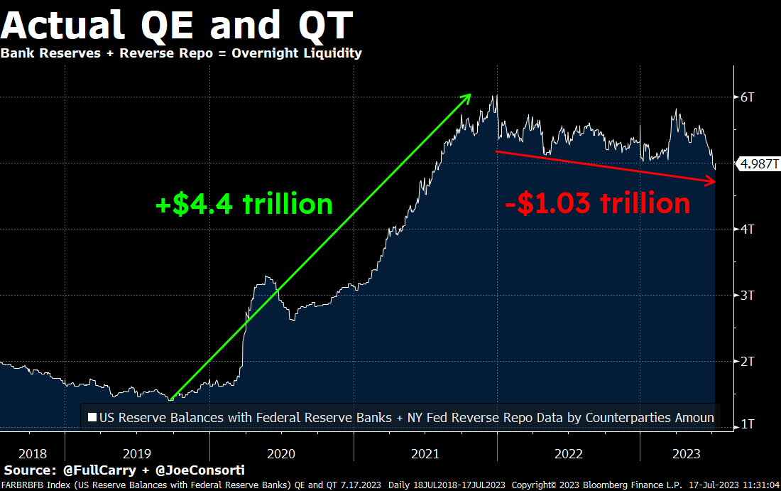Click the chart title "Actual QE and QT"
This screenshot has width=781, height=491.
(x=177, y=26)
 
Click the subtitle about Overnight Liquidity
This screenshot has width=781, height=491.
(x=181, y=53)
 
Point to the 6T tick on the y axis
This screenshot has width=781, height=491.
(x=747, y=97)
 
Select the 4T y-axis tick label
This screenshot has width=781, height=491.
(x=747, y=229)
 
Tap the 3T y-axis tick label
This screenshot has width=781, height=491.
(x=747, y=295)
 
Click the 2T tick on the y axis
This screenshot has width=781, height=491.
(x=747, y=361)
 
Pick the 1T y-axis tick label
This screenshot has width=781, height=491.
(x=747, y=425)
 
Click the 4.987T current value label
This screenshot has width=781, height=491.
(x=759, y=164)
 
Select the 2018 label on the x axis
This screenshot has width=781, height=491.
(x=33, y=453)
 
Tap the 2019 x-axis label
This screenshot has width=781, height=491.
(x=136, y=453)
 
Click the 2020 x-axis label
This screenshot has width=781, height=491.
(x=280, y=453)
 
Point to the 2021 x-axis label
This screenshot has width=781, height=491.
(x=425, y=453)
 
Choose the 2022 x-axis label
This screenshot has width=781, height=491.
(x=568, y=453)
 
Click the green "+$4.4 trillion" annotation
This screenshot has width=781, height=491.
(x=244, y=205)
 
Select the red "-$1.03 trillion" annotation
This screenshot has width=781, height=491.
(x=597, y=204)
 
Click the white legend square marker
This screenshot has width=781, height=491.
(x=92, y=418)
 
